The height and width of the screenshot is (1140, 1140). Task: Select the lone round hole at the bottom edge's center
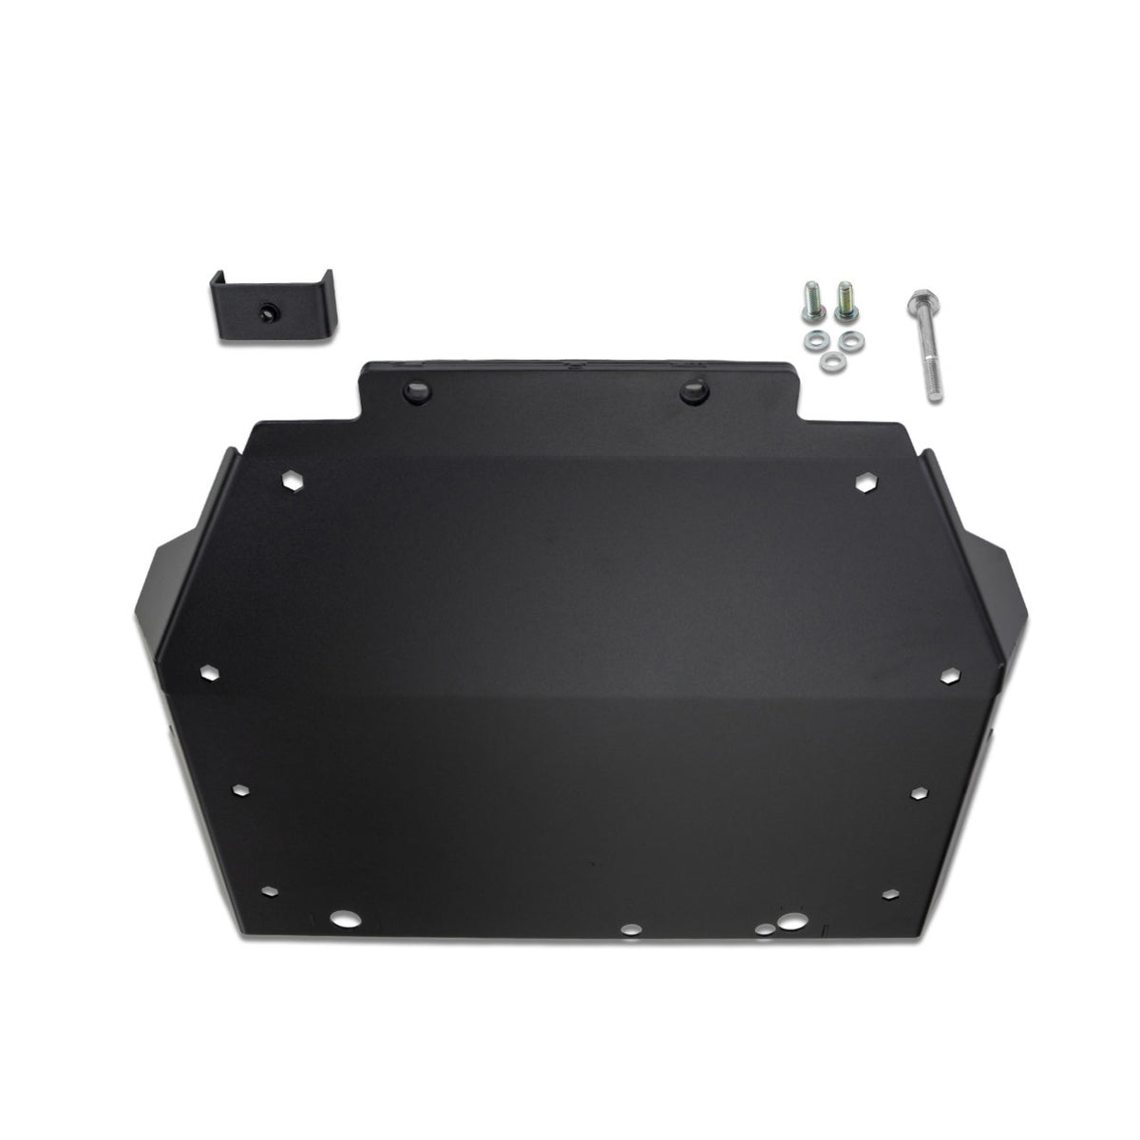point(628,930)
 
